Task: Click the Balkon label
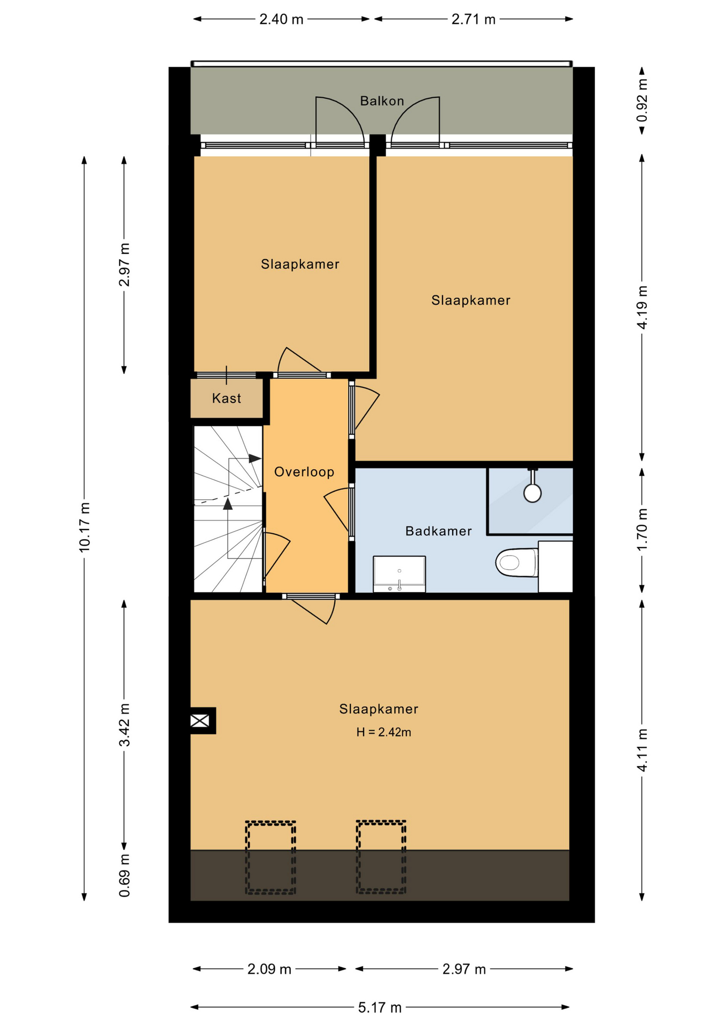pyautogui.click(x=382, y=101)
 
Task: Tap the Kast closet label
pyautogui.click(x=227, y=398)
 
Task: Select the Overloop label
pyautogui.click(x=304, y=472)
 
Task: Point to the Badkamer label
pyautogui.click(x=438, y=531)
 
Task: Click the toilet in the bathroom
pyautogui.click(x=516, y=563)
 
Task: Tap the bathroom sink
pyautogui.click(x=399, y=574)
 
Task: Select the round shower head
pyautogui.click(x=532, y=493)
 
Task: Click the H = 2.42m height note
pyautogui.click(x=384, y=732)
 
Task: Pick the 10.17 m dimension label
pyautogui.click(x=84, y=527)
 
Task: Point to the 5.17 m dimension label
pyautogui.click(x=380, y=1007)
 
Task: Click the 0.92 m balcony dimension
pyautogui.click(x=642, y=100)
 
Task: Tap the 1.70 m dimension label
pyautogui.click(x=642, y=530)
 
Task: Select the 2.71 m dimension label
pyautogui.click(x=474, y=19)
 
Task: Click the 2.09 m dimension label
pyautogui.click(x=269, y=969)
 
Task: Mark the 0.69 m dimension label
pyautogui.click(x=124, y=875)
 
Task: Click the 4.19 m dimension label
pyautogui.click(x=642, y=307)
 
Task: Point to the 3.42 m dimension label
pyautogui.click(x=124, y=725)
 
